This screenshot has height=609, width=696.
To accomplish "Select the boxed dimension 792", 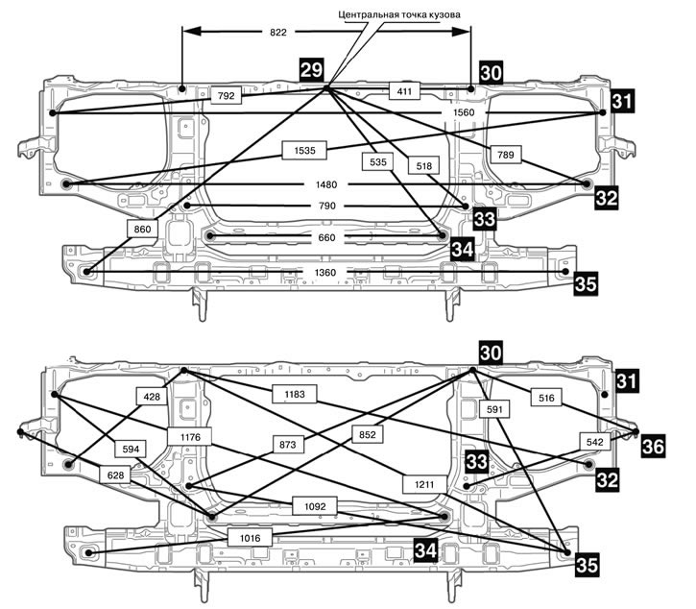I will coord(227,95).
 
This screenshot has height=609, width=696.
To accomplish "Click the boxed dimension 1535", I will coord(305,149).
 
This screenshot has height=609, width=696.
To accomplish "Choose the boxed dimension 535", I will coord(378,163).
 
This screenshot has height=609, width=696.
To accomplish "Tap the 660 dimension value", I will coord(324,236).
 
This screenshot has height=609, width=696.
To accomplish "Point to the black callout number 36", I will coord(653,447).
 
